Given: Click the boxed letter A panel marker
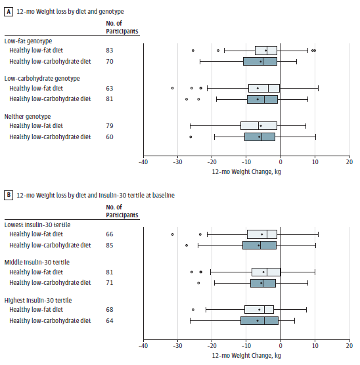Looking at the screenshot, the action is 9,11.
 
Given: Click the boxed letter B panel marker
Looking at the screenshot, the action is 9,195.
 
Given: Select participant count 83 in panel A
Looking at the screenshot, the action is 110,51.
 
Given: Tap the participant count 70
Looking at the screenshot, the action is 110,62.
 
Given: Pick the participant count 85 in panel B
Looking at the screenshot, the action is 110,246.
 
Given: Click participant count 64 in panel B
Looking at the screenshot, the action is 110,321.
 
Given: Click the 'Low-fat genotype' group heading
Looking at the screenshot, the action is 28,41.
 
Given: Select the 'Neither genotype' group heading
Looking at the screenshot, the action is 28,116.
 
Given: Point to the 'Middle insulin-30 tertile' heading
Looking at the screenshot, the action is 37,263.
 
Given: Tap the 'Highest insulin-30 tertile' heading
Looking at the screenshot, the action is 38,300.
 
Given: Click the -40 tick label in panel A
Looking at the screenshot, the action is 143,162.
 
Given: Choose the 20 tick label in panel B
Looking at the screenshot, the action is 349,346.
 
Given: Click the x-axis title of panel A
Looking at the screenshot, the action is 246,172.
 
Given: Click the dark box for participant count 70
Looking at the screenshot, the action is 260,62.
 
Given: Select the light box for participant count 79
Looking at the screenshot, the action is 259,125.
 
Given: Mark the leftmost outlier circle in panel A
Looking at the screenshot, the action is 172,88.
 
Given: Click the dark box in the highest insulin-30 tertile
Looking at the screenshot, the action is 259,321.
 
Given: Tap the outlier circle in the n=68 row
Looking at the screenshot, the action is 193,310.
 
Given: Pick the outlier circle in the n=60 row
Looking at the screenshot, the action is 191,137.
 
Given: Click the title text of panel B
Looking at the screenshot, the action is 95,196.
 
